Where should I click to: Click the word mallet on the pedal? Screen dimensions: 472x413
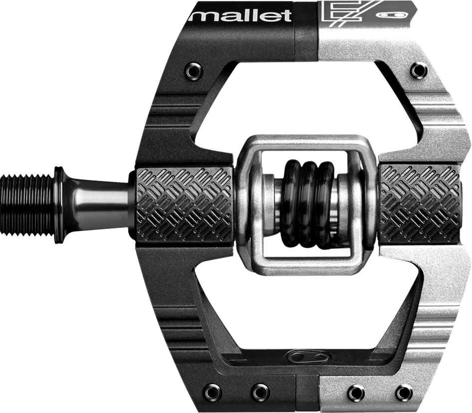(x=240, y=15)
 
